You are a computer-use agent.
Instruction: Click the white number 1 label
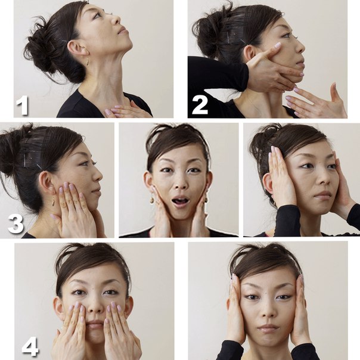coord(22,106)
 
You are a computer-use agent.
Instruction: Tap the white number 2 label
coord(200,105)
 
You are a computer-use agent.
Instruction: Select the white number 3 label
coord(15,224)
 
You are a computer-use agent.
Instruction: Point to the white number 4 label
coord(30,346)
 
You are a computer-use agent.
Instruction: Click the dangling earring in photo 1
coord(88,62)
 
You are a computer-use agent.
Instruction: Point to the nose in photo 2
coord(300,48)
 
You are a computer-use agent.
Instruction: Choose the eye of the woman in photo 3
coord(83,163)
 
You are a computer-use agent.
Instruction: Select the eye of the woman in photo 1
coord(97,15)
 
